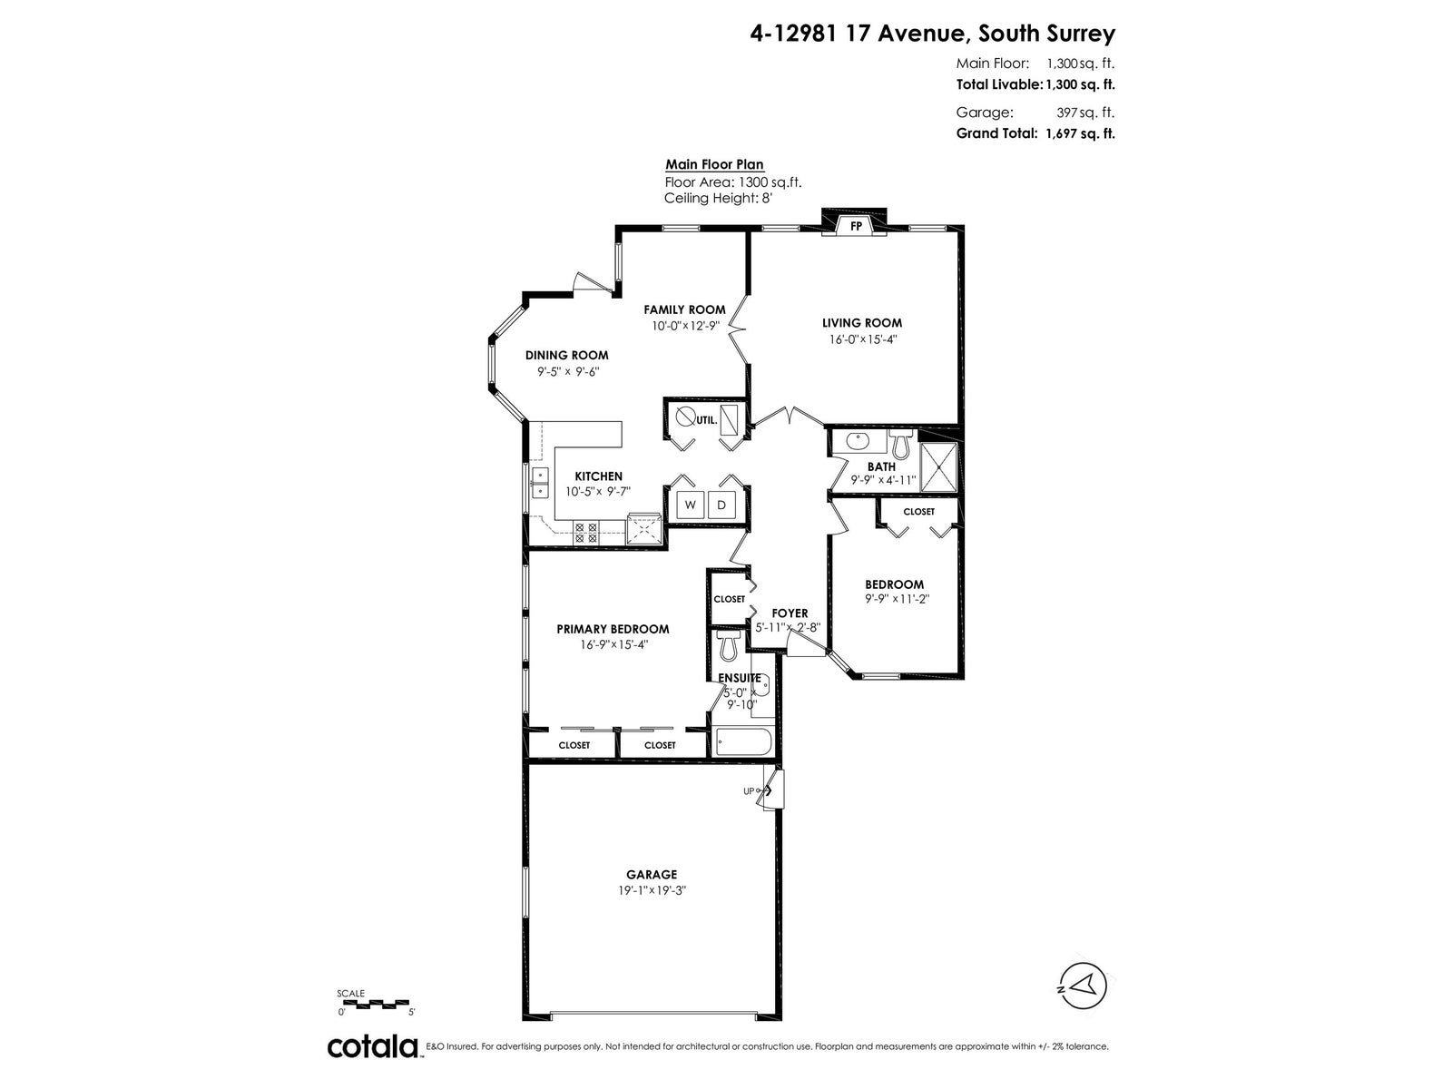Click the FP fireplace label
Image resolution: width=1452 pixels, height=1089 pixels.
click(856, 226)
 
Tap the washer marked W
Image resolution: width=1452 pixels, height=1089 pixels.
click(690, 505)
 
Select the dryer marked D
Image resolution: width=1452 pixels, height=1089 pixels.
click(721, 505)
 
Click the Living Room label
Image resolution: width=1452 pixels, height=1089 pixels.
click(861, 323)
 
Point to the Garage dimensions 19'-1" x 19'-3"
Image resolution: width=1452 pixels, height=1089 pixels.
click(652, 890)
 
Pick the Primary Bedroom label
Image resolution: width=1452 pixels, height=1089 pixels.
click(613, 629)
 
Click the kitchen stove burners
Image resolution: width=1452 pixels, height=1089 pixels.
click(585, 533)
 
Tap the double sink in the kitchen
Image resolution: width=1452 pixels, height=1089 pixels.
click(540, 483)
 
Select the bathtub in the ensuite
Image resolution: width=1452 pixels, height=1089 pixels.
click(743, 741)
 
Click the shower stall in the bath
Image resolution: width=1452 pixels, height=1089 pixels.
click(938, 468)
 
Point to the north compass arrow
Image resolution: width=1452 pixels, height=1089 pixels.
click(1083, 1005)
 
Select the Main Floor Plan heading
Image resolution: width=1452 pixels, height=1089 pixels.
click(714, 164)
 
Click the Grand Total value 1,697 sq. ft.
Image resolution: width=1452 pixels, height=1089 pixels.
click(1080, 133)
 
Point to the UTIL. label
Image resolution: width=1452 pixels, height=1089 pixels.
click(707, 419)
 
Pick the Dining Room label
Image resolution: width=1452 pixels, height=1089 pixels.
click(567, 355)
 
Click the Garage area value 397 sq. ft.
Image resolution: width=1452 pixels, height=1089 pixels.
click(1084, 113)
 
